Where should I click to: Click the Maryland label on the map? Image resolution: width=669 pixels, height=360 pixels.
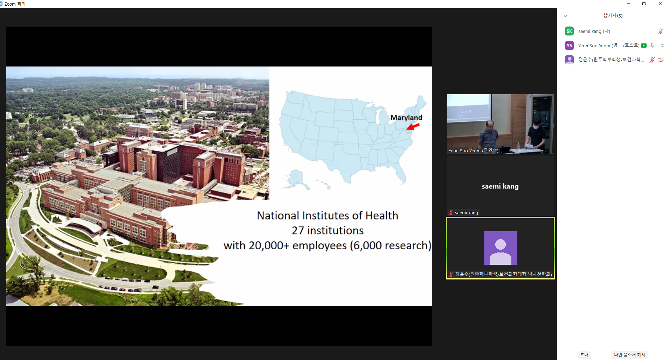click(406, 118)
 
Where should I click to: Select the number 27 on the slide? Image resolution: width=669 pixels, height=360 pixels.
click(298, 230)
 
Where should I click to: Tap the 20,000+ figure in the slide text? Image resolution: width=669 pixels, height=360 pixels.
click(269, 245)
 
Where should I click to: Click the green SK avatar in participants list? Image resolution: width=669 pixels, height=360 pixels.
click(569, 31)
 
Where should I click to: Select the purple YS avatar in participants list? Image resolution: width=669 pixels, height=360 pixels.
click(569, 46)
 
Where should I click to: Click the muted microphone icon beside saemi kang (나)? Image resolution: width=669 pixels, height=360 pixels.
click(660, 31)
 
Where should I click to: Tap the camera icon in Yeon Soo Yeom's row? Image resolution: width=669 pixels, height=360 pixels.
click(661, 46)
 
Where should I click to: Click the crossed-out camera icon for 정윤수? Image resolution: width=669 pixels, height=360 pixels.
click(661, 60)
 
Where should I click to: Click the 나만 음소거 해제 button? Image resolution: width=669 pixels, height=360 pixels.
click(629, 355)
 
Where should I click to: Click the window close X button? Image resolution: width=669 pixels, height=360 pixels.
click(660, 4)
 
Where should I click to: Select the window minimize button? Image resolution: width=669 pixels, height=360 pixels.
click(628, 4)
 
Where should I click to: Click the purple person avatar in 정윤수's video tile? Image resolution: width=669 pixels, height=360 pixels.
click(500, 248)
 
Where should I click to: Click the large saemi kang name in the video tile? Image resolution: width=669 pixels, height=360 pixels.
click(500, 186)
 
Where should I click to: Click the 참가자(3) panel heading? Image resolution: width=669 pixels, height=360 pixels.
click(613, 15)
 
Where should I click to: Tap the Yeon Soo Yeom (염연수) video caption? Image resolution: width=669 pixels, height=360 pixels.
click(473, 151)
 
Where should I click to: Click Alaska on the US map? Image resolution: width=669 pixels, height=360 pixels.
click(296, 179)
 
